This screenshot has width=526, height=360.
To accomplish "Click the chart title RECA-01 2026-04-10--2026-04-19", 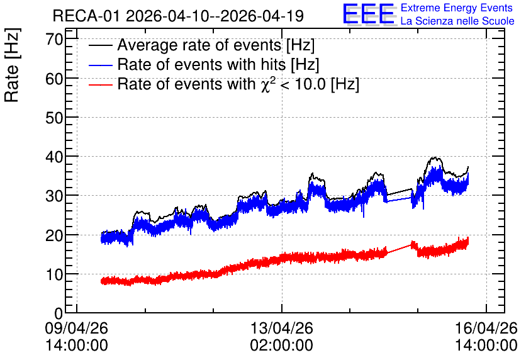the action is (178, 16).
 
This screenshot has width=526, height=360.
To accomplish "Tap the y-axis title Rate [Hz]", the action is (12, 65).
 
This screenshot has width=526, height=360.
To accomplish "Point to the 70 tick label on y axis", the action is (54, 39).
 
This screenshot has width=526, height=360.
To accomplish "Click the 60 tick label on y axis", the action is (54, 79).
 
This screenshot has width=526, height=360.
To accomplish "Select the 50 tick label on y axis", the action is (54, 118).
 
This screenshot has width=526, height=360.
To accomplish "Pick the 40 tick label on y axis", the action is (54, 157).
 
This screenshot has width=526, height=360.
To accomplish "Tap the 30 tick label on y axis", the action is (54, 196).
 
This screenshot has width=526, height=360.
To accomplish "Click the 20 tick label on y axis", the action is (54, 235).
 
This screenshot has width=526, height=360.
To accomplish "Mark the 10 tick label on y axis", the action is (54, 274).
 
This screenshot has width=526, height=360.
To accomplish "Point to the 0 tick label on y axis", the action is (59, 313).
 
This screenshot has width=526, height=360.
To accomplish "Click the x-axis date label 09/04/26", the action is (77, 328).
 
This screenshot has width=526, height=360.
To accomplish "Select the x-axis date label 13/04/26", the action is (282, 328).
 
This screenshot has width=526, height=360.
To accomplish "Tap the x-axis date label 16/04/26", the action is (486, 328).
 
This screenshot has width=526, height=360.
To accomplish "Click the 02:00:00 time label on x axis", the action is (282, 345).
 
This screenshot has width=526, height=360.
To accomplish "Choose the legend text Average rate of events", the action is (199, 45).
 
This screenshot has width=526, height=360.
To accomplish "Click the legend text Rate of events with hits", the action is (201, 64).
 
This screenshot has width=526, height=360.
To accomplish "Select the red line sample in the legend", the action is (100, 85).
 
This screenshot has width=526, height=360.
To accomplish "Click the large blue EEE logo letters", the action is (369, 14).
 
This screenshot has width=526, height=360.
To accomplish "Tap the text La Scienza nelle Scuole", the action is (457, 21).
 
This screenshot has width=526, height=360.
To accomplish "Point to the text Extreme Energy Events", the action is (457, 8).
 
